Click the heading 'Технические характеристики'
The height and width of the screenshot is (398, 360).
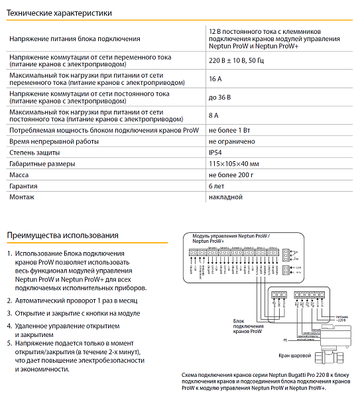[x=59, y=13]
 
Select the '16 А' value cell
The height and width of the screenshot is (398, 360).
[x=215, y=79]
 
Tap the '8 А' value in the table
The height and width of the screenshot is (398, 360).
[x=213, y=115]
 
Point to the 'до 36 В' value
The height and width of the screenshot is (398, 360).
[x=220, y=98]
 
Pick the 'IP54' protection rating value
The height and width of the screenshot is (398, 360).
[x=215, y=153]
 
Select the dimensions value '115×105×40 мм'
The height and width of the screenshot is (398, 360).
[x=234, y=164]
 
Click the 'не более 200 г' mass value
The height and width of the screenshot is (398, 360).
[x=231, y=175]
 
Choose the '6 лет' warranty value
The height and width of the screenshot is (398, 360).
[x=216, y=186]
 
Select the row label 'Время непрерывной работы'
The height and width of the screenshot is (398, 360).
[x=50, y=142]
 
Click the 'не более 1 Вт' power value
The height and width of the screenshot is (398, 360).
[x=229, y=131]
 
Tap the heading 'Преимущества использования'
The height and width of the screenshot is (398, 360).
[x=62, y=235]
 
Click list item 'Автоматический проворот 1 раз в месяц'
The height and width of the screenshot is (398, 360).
[x=78, y=300]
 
